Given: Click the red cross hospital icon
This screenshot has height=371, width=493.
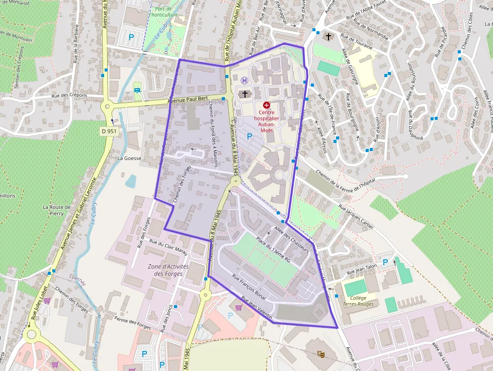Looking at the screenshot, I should pos(266,106).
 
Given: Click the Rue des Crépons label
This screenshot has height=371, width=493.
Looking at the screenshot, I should pos(69,96).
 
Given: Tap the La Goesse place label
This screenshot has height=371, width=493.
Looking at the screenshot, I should pos(129,158).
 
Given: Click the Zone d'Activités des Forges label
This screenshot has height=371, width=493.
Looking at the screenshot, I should pos(168,270).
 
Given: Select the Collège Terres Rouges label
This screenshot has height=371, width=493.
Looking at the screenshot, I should pos(358,301).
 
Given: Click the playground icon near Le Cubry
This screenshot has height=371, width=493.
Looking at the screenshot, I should pos(137,91).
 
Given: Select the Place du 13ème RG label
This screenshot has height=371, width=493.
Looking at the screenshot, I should pos(273,250).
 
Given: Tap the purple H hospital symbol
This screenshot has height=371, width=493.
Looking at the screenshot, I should pos(244,81).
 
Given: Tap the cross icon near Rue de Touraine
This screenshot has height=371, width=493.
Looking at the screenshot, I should pos(328,37).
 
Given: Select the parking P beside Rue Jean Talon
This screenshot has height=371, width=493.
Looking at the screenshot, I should pos(385,262).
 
